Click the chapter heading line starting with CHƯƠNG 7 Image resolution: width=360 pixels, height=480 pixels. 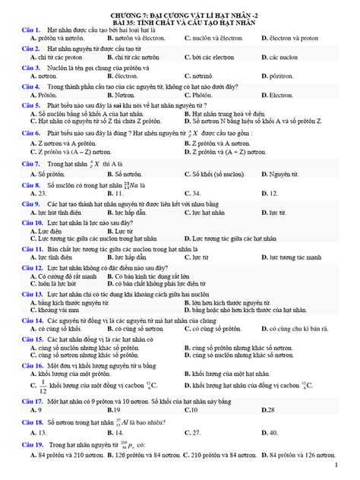pyautogui.click(x=180, y=15)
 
